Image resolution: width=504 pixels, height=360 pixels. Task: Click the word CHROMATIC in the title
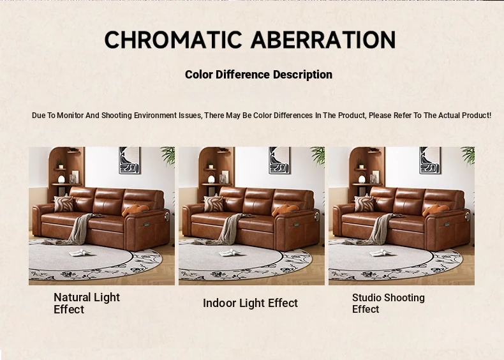point(174,40)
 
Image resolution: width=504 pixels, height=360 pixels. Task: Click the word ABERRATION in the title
point(323,40)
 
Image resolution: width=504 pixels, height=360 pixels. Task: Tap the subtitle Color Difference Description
point(258,75)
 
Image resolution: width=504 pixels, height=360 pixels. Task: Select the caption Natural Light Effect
point(87,303)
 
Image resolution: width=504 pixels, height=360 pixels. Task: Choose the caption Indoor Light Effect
point(250,303)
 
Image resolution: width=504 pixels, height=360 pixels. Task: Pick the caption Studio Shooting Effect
point(389,303)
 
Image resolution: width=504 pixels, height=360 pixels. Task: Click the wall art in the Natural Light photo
point(130,160)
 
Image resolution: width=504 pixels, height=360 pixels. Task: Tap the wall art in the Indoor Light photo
point(279,160)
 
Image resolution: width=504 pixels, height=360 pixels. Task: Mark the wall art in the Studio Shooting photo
point(430,160)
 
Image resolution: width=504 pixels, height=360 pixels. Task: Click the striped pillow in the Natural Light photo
point(64,204)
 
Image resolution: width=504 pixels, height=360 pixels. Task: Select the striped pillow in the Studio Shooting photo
point(364,204)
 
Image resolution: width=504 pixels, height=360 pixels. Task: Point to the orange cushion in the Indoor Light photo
point(285,210)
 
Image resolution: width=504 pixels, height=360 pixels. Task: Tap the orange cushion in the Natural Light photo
point(135,210)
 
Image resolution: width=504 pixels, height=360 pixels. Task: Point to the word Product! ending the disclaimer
point(477,115)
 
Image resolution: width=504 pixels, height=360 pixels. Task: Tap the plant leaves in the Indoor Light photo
point(318,155)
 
